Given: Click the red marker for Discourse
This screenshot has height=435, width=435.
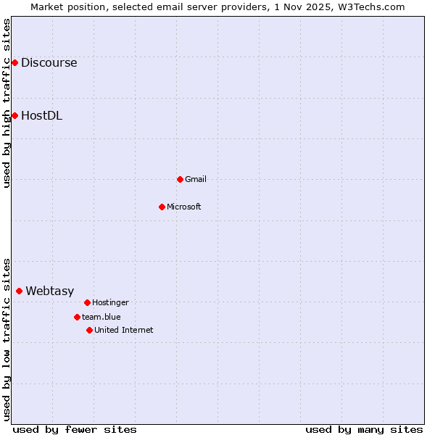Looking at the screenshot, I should (x=14, y=62).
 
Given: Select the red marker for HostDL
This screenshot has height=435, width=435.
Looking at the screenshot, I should (x=14, y=115).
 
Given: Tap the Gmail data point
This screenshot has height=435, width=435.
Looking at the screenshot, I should (x=180, y=179).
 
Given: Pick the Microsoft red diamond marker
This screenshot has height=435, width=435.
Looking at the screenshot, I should (x=162, y=207).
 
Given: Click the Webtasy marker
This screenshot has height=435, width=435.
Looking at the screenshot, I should (x=19, y=291).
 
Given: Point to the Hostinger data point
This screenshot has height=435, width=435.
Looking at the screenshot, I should (x=87, y=302).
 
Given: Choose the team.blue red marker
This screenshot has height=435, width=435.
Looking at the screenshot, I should (x=77, y=317).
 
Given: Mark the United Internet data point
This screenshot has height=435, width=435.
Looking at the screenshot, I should (x=89, y=330).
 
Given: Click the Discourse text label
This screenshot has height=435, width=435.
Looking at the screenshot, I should (x=49, y=62).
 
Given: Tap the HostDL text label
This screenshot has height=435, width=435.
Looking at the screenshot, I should (x=41, y=115).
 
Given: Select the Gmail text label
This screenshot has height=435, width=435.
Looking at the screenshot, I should (x=196, y=179).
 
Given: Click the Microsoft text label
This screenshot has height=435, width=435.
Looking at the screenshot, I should (x=184, y=207).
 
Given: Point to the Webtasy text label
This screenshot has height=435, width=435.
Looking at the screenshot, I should (x=50, y=291).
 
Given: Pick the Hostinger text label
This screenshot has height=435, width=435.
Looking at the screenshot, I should (x=110, y=302).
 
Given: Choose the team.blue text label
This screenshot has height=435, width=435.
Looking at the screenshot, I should (x=101, y=317).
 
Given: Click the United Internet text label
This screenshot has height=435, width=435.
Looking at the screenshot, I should (x=124, y=330).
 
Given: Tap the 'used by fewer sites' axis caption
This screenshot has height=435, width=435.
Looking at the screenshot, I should (x=75, y=429).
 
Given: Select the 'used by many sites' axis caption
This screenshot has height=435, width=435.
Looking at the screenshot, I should (x=364, y=429).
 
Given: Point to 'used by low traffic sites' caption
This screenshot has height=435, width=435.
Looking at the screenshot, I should (x=7, y=339).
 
